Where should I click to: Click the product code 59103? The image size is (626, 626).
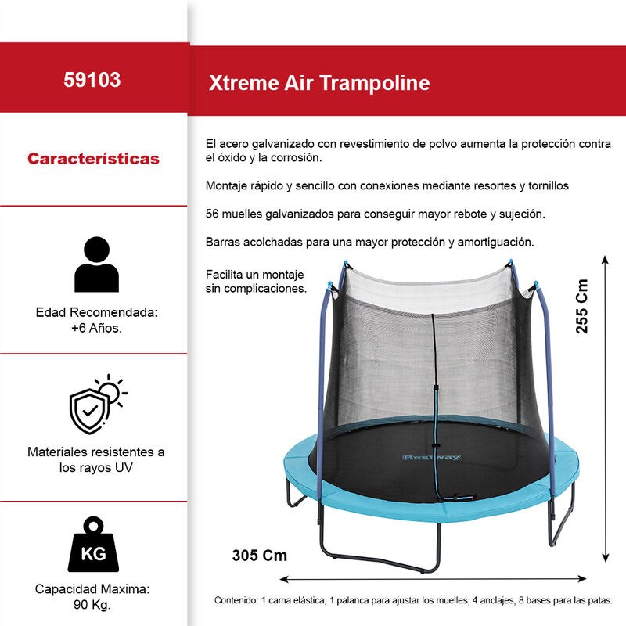(x=92, y=80)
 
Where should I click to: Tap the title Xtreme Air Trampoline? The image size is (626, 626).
(x=319, y=84)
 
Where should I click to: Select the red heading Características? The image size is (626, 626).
(x=93, y=159)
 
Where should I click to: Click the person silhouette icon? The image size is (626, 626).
(x=95, y=264)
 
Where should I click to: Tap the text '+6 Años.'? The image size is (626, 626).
(x=96, y=328)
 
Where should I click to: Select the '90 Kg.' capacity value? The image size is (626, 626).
(x=93, y=605)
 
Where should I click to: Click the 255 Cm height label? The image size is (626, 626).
(x=582, y=308)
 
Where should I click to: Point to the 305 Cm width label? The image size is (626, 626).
(x=260, y=556)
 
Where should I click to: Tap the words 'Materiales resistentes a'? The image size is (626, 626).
(x=96, y=452)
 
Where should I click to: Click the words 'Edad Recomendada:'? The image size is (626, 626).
(x=97, y=312)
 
